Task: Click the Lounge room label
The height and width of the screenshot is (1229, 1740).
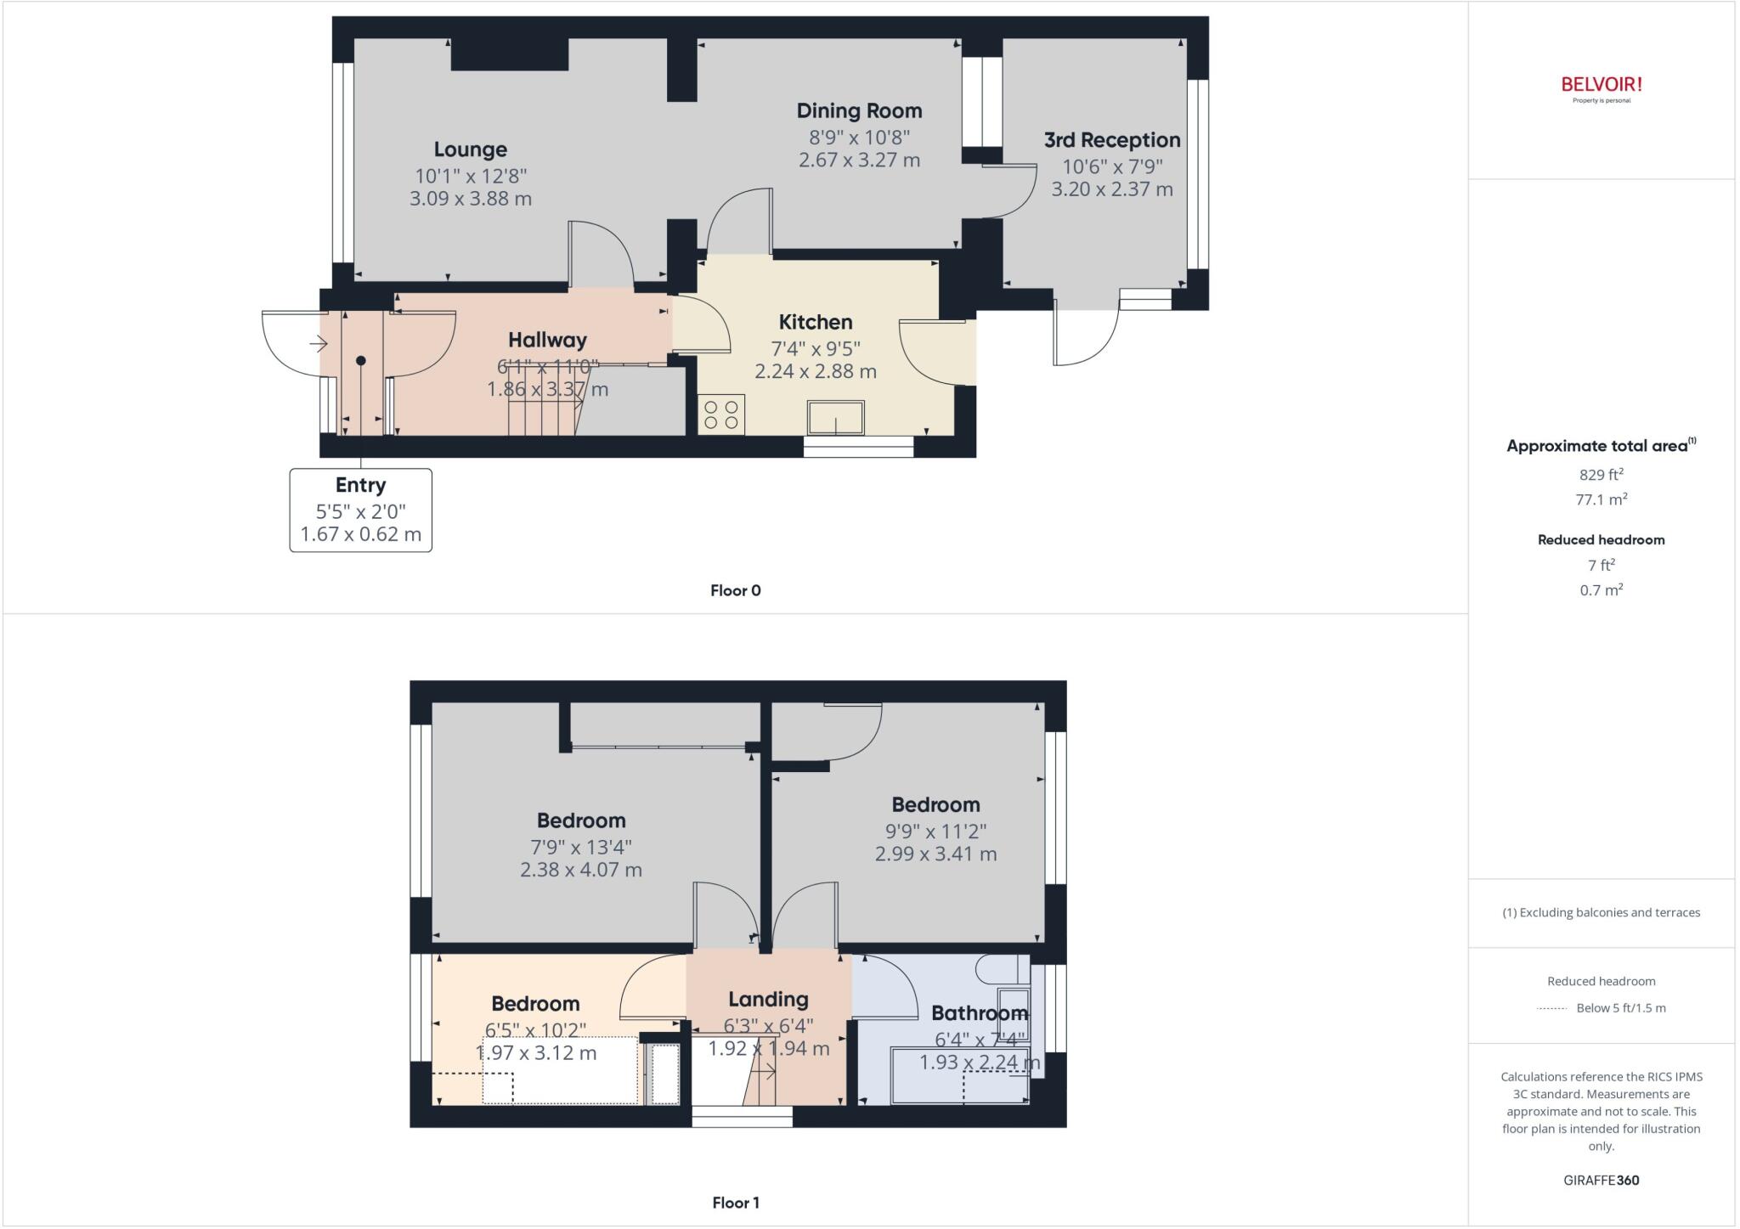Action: (x=470, y=149)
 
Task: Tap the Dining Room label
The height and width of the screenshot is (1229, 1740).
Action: (x=859, y=110)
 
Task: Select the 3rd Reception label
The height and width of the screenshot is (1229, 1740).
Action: (x=1111, y=140)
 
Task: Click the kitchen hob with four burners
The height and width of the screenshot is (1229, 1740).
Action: (x=721, y=414)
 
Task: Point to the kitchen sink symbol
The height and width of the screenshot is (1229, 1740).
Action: (x=836, y=417)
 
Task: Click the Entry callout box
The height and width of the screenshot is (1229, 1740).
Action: (x=360, y=510)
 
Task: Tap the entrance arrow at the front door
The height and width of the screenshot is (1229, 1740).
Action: (x=319, y=344)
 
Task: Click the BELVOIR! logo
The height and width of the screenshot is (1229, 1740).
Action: (x=1601, y=85)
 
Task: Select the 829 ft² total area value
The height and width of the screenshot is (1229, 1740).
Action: (x=1601, y=475)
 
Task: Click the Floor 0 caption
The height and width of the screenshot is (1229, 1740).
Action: (x=735, y=590)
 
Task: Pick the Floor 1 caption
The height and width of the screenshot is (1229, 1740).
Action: (x=735, y=1203)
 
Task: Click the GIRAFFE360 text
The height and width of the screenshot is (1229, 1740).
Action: (x=1601, y=1180)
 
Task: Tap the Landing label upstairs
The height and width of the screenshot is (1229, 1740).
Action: (x=768, y=1000)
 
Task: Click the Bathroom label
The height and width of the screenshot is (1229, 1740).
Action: (x=979, y=1012)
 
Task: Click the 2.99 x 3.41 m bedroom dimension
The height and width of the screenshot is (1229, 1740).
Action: (x=935, y=854)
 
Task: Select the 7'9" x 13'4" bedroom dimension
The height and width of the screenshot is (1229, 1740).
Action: (x=581, y=847)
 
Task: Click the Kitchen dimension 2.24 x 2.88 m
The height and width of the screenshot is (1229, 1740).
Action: (x=815, y=371)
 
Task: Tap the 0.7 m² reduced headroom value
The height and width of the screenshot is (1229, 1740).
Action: (x=1601, y=589)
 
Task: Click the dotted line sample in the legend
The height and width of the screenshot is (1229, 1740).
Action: (x=1551, y=1008)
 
